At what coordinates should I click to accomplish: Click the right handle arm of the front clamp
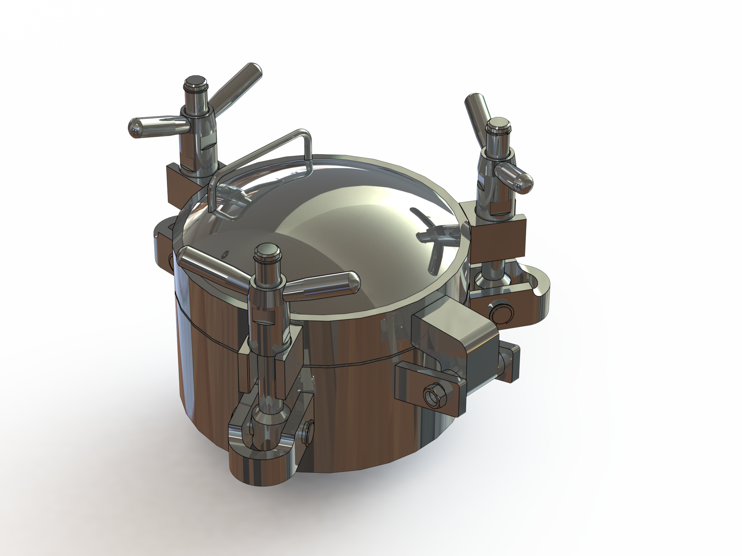click(x=322, y=282)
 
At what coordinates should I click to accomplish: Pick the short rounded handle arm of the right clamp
click(x=514, y=177)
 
